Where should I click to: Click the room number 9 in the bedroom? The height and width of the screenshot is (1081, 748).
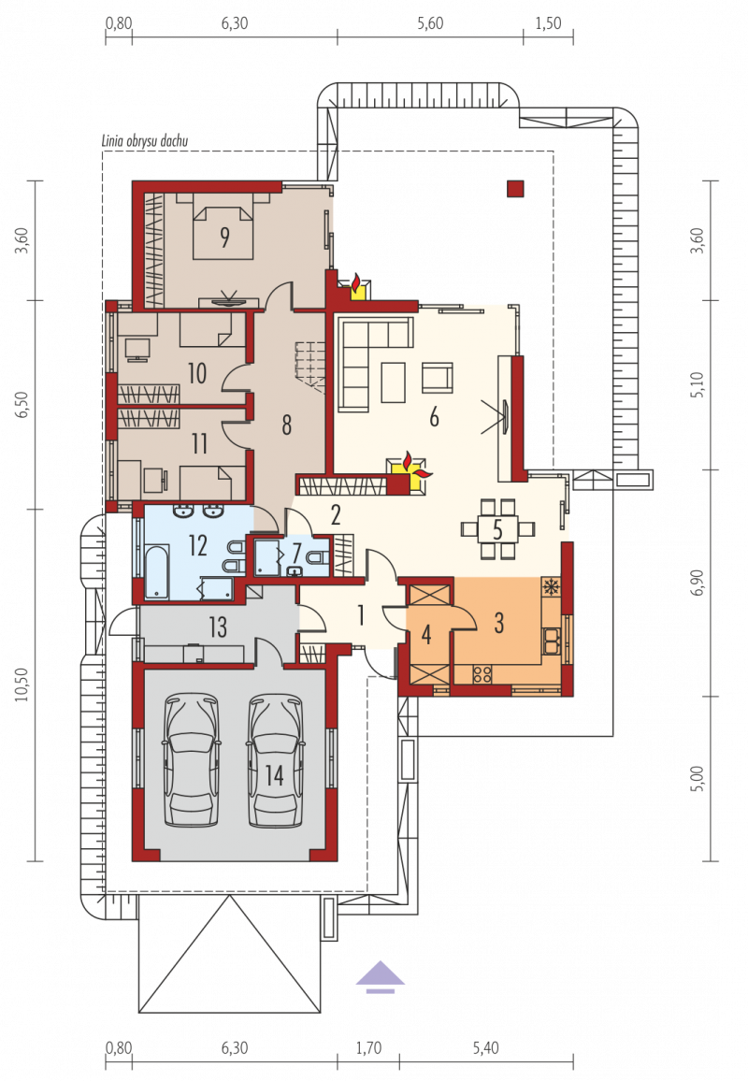point(224,238)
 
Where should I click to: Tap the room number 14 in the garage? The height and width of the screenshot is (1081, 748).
point(274,775)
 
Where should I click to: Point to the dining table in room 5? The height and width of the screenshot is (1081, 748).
point(497,529)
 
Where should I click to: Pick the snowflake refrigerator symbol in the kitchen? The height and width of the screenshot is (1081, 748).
point(551,586)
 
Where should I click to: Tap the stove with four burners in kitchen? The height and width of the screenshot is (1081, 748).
point(482,673)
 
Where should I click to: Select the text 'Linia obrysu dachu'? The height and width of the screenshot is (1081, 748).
point(145,140)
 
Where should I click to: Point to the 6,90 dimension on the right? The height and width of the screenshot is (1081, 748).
point(697,583)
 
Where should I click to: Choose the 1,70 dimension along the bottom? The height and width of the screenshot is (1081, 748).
point(368,1048)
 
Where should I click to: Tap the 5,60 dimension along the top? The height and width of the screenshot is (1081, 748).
point(430,22)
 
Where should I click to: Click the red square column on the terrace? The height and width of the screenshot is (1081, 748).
point(515,188)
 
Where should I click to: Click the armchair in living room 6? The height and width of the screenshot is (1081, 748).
point(438,378)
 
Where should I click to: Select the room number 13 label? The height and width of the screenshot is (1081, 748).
point(218,627)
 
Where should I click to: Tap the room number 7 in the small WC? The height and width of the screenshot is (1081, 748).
point(296,553)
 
